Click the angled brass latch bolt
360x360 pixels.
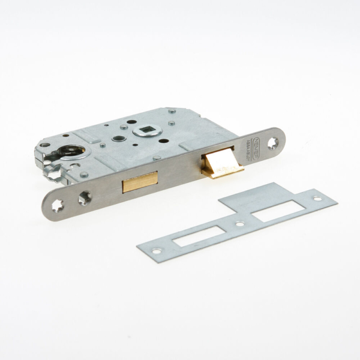pyautogui.click(x=222, y=163)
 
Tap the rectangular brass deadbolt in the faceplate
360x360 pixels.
pyautogui.click(x=140, y=181)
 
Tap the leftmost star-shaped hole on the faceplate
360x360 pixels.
pyautogui.click(x=58, y=205)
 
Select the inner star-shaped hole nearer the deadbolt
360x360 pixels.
pyautogui.click(x=84, y=196)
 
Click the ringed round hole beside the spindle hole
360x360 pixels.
pyautogui.click(x=118, y=139)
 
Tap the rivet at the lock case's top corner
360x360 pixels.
pyautogui.click(x=173, y=111)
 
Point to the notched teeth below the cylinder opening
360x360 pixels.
pyautogui.click(x=57, y=175)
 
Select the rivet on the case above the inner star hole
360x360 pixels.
pyautogui.click(x=83, y=175)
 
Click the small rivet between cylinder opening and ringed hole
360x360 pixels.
pyautogui.click(x=103, y=145)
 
